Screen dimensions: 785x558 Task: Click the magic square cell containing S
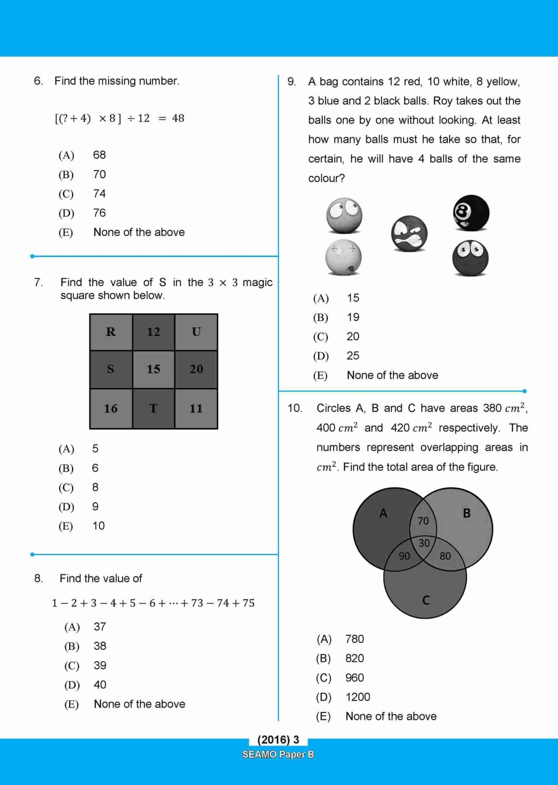[111, 369]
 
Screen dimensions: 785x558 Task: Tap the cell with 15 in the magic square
[153, 369]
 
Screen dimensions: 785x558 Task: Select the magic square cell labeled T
[153, 408]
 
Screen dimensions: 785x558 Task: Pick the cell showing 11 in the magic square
[196, 408]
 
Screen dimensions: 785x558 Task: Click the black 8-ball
[471, 213]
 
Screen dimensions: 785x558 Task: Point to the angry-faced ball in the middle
[409, 233]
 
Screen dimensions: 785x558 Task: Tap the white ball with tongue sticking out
[343, 257]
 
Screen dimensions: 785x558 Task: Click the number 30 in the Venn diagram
[424, 543]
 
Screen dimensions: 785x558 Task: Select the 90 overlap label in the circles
[404, 556]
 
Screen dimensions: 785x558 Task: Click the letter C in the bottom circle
[426, 600]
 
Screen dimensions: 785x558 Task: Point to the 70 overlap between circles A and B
[423, 521]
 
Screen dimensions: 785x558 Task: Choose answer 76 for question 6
[99, 213]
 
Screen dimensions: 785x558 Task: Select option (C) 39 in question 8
[100, 665]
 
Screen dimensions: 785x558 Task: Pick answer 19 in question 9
[353, 317]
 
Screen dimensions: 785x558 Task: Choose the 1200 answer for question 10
[358, 697]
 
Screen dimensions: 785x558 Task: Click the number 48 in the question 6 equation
[178, 118]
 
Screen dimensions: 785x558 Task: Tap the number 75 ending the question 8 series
[248, 603]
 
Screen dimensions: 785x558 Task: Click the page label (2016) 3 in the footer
[278, 739]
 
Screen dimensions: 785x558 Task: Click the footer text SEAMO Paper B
[278, 754]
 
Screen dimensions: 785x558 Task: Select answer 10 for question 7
[98, 526]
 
